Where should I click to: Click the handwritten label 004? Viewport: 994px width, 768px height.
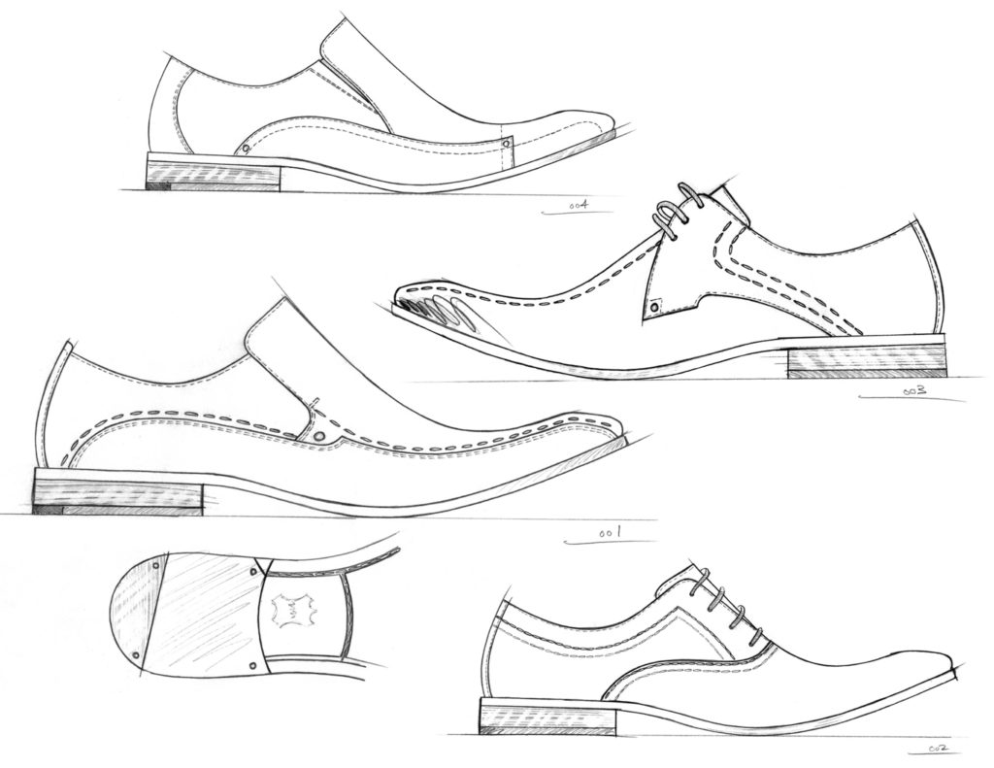pyautogui.click(x=579, y=205)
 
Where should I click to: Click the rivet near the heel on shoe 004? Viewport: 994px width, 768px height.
pyautogui.click(x=246, y=150)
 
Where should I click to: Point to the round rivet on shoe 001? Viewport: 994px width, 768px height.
pyautogui.click(x=319, y=436)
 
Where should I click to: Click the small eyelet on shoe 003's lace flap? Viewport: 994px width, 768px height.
pyautogui.click(x=654, y=308)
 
